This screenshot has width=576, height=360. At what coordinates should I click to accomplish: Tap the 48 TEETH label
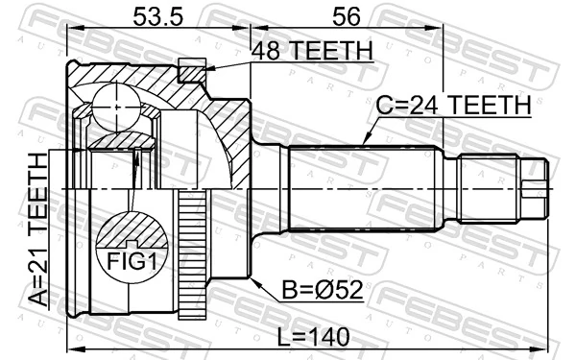pyautogui.click(x=311, y=52)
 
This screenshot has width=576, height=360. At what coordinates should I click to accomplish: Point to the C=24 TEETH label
pyautogui.click(x=450, y=106)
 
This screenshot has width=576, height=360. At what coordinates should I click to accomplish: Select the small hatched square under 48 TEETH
pyautogui.click(x=193, y=69)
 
